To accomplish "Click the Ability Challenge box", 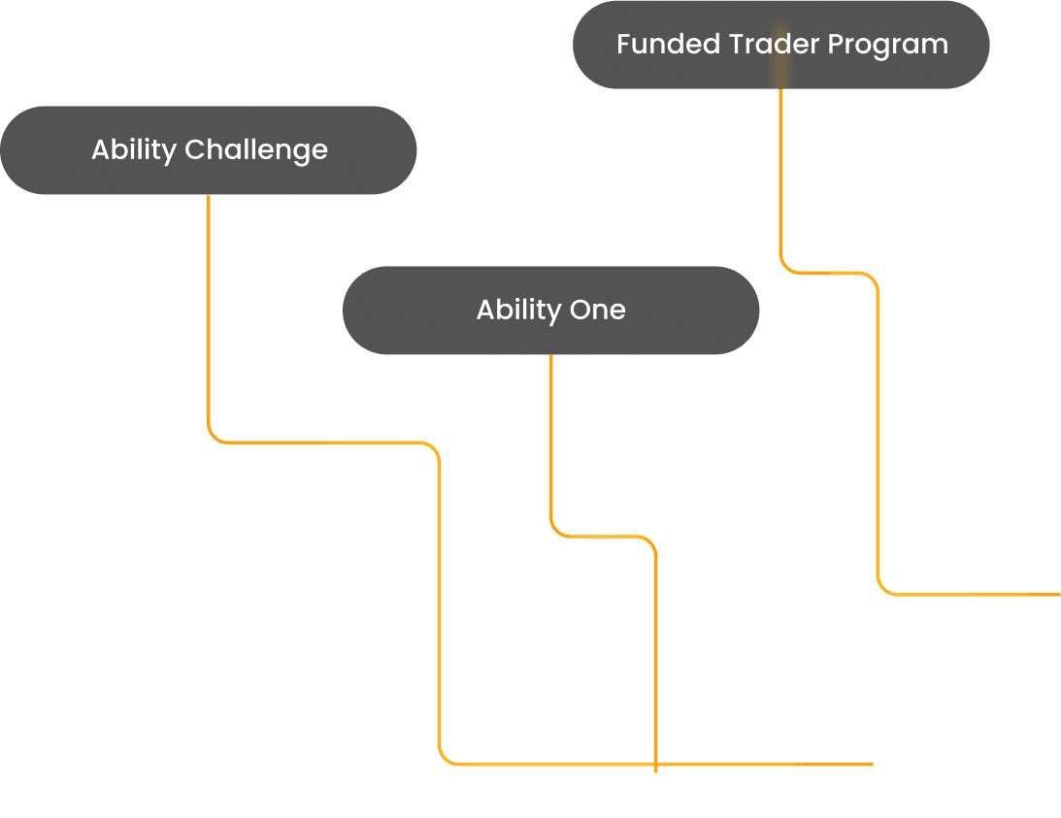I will [x=208, y=150].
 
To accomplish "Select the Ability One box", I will [x=550, y=311].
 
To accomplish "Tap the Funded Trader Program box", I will [x=780, y=45].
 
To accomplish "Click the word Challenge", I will [x=255, y=151].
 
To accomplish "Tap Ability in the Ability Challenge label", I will [x=133, y=151].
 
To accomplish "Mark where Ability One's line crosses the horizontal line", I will [x=656, y=764].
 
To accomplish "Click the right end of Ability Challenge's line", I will [x=872, y=764].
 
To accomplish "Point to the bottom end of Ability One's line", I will [x=656, y=771].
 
